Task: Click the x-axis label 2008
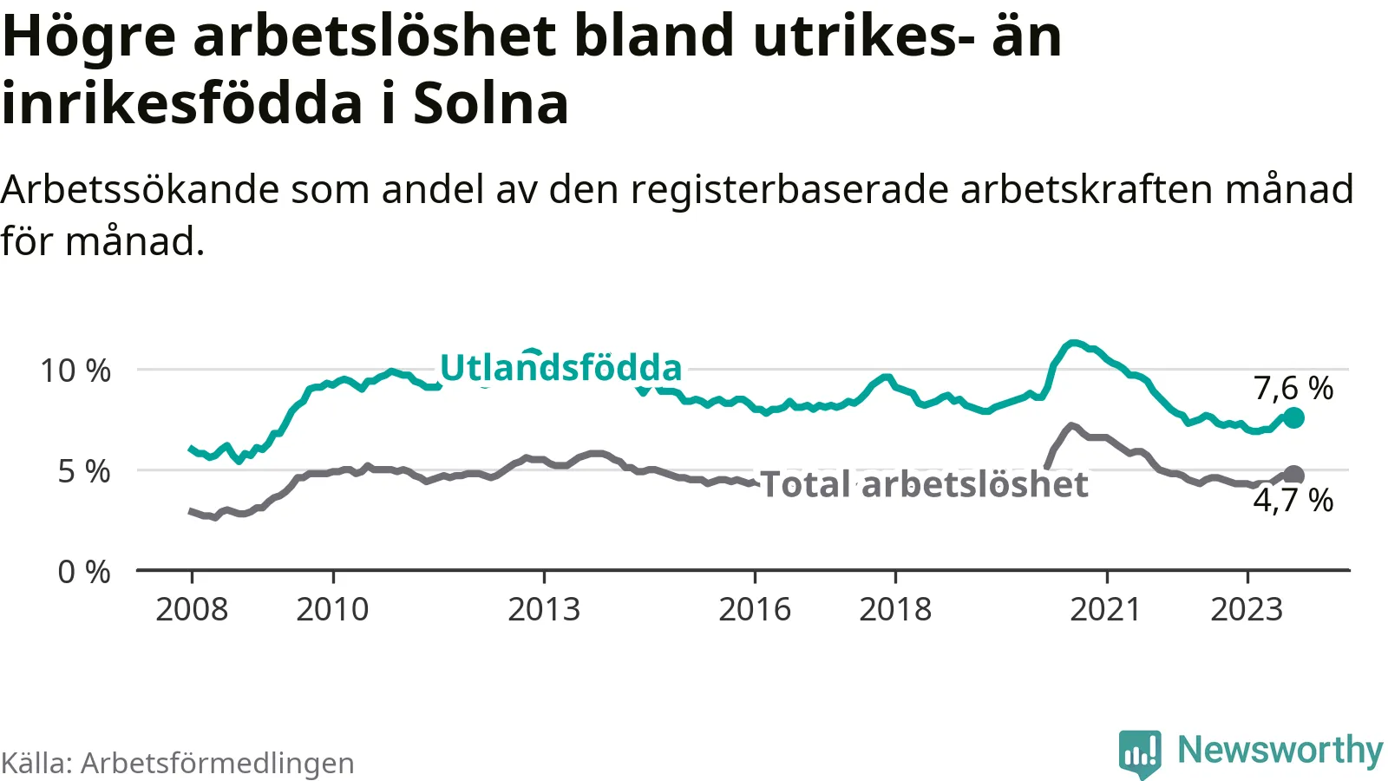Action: [x=192, y=610]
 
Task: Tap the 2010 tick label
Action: [x=332, y=610]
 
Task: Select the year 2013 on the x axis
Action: [x=544, y=610]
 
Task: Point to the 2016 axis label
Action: [x=755, y=610]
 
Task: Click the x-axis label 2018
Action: [x=895, y=610]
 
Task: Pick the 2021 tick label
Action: [x=1105, y=610]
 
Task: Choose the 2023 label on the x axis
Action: [x=1247, y=610]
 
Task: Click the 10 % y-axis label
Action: [x=75, y=371]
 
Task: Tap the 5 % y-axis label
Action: [x=84, y=471]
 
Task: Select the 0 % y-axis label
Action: [x=84, y=572]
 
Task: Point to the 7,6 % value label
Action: [x=1293, y=388]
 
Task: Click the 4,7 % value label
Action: [x=1293, y=500]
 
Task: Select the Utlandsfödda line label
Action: [x=561, y=368]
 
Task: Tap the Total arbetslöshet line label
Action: [x=924, y=484]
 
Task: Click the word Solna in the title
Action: [x=490, y=104]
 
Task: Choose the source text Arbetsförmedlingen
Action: [x=218, y=763]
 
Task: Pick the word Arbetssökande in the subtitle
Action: [x=140, y=189]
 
